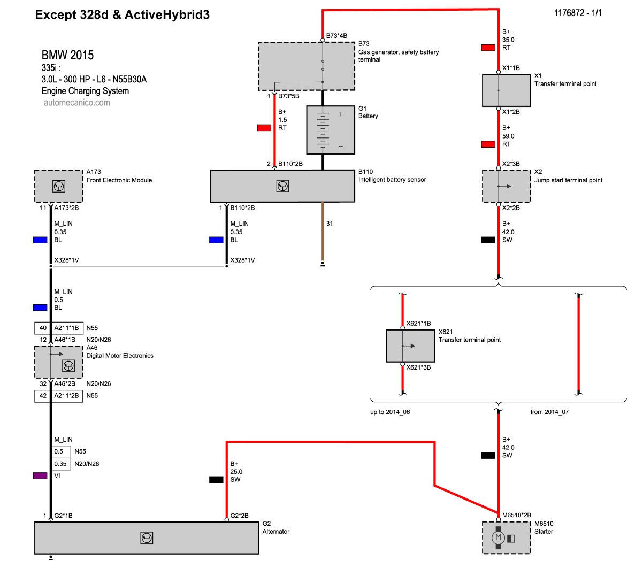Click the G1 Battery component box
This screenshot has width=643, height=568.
click(331, 130)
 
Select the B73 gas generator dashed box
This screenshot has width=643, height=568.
click(307, 66)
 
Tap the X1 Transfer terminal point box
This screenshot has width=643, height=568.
click(506, 90)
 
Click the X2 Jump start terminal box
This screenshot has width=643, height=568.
click(506, 186)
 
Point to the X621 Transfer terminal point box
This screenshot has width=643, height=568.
click(410, 346)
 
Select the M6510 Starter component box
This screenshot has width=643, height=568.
click(506, 538)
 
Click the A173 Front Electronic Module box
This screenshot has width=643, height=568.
click(59, 186)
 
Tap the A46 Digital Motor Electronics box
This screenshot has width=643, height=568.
click(59, 362)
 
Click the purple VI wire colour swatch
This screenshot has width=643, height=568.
click(40, 475)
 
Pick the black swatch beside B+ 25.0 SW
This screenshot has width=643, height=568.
click(216, 479)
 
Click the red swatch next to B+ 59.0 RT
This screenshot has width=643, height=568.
click(488, 144)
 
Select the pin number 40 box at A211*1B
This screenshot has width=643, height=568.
click(43, 328)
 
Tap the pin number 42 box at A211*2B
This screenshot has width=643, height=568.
click(43, 395)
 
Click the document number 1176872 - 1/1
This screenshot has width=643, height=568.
click(578, 13)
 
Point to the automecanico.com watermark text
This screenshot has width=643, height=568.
click(77, 103)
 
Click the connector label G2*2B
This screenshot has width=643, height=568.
click(239, 516)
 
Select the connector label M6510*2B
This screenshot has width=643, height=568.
click(516, 515)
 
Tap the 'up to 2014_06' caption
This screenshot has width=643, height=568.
click(390, 412)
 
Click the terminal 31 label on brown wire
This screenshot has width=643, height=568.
click(330, 224)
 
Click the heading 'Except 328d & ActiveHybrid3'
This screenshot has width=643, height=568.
click(122, 14)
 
